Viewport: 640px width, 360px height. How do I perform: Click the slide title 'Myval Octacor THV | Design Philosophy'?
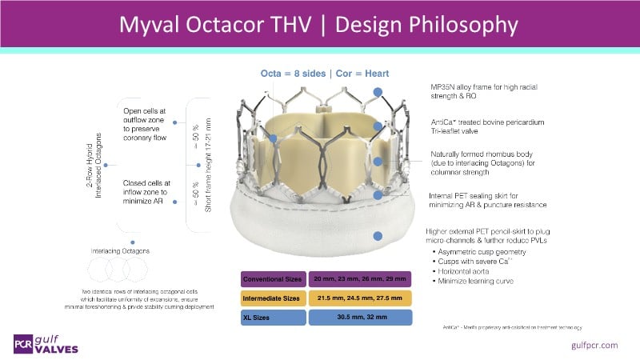pyautogui.click(x=319, y=24)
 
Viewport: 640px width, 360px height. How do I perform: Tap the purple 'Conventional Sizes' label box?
pyautogui.click(x=272, y=279)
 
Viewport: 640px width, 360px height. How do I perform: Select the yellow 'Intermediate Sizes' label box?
pyautogui.click(x=272, y=298)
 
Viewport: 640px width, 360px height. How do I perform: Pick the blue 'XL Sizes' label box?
pyautogui.click(x=272, y=318)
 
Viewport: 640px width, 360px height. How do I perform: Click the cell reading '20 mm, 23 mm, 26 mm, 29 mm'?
pyautogui.click(x=359, y=279)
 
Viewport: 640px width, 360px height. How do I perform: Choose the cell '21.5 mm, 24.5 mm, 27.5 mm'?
pyautogui.click(x=359, y=298)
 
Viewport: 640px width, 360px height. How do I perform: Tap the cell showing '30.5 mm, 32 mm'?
pyautogui.click(x=359, y=318)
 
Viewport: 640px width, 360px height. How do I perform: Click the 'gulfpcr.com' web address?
pyautogui.click(x=595, y=345)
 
